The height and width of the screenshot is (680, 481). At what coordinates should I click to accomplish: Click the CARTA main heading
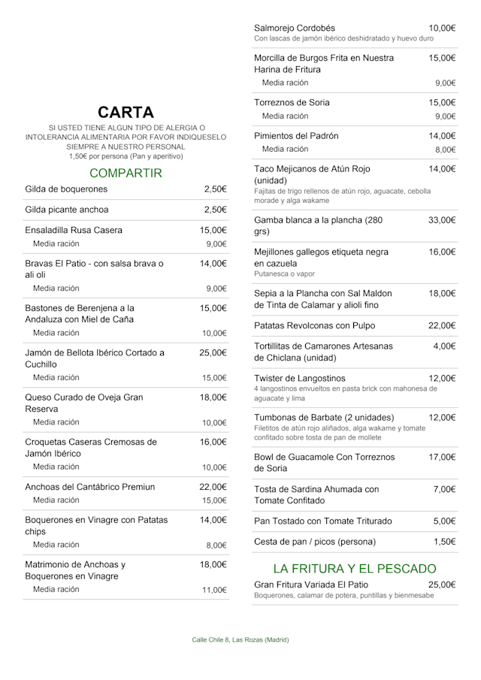coord(126,113)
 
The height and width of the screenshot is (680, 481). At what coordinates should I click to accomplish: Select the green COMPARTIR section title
coord(126,173)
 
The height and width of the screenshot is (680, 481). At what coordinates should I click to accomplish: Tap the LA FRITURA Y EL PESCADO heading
coord(354,568)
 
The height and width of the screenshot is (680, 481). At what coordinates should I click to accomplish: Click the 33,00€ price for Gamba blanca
coord(442,220)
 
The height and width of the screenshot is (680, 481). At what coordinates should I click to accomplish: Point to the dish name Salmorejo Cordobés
coord(295,28)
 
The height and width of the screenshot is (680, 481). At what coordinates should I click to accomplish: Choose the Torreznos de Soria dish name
coord(292,102)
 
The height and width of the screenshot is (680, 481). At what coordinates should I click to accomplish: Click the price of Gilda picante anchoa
coord(215,210)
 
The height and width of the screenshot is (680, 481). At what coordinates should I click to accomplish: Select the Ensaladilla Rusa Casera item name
coord(74,230)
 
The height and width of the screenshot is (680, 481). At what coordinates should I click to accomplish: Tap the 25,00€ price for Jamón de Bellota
coord(213,352)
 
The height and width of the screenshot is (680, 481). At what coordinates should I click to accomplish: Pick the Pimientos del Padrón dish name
coord(296,136)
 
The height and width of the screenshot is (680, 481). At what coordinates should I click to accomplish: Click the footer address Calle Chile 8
coord(240,639)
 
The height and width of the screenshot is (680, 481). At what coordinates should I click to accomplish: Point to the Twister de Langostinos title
coord(300,378)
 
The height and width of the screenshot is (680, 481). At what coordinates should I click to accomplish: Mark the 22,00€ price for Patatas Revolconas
coord(442,325)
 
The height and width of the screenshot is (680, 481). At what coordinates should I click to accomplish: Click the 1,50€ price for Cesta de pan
coord(444,541)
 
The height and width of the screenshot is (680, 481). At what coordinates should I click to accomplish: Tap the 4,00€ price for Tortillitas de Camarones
coord(444,346)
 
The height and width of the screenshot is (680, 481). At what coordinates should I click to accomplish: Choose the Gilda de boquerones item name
coord(66,189)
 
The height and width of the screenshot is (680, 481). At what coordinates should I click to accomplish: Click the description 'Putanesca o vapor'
coord(285,274)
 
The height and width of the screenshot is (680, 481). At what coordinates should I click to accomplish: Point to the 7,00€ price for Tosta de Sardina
coord(444,489)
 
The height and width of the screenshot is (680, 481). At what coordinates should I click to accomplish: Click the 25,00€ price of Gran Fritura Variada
coord(442,584)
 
